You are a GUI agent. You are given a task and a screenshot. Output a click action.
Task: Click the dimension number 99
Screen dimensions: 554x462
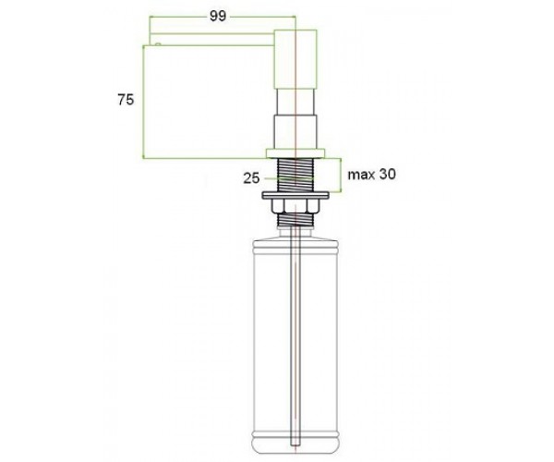click(x=218, y=16)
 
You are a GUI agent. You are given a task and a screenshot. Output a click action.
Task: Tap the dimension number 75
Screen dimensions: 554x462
click(x=126, y=100)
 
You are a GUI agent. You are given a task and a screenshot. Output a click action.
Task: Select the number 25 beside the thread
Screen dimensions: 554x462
click(x=251, y=178)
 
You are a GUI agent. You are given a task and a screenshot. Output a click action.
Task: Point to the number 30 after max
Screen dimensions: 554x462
click(x=387, y=174)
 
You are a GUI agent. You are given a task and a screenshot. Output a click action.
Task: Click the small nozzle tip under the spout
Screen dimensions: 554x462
click(x=158, y=44)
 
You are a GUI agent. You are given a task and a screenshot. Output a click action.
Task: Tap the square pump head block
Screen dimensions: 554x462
click(x=295, y=59)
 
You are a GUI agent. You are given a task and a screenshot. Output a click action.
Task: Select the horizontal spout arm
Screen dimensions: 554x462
click(x=212, y=40)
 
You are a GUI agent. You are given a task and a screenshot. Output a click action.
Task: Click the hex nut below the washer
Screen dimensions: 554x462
click(x=295, y=206)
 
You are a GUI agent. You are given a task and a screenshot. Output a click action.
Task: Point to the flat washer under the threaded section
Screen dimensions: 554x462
click(x=295, y=195)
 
